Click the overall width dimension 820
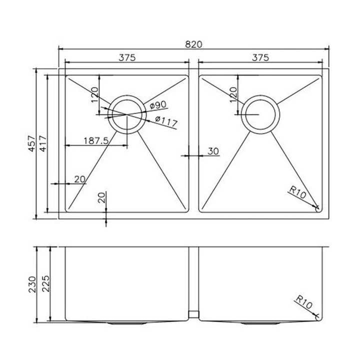pyautogui.click(x=194, y=44)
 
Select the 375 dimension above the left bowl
pyautogui.click(x=127, y=57)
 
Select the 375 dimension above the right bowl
pyautogui.click(x=260, y=57)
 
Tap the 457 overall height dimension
pyautogui.click(x=30, y=144)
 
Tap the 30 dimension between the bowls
pyautogui.click(x=213, y=151)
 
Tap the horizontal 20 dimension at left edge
pyautogui.click(x=79, y=179)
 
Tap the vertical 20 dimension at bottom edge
pyautogui.click(x=101, y=197)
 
